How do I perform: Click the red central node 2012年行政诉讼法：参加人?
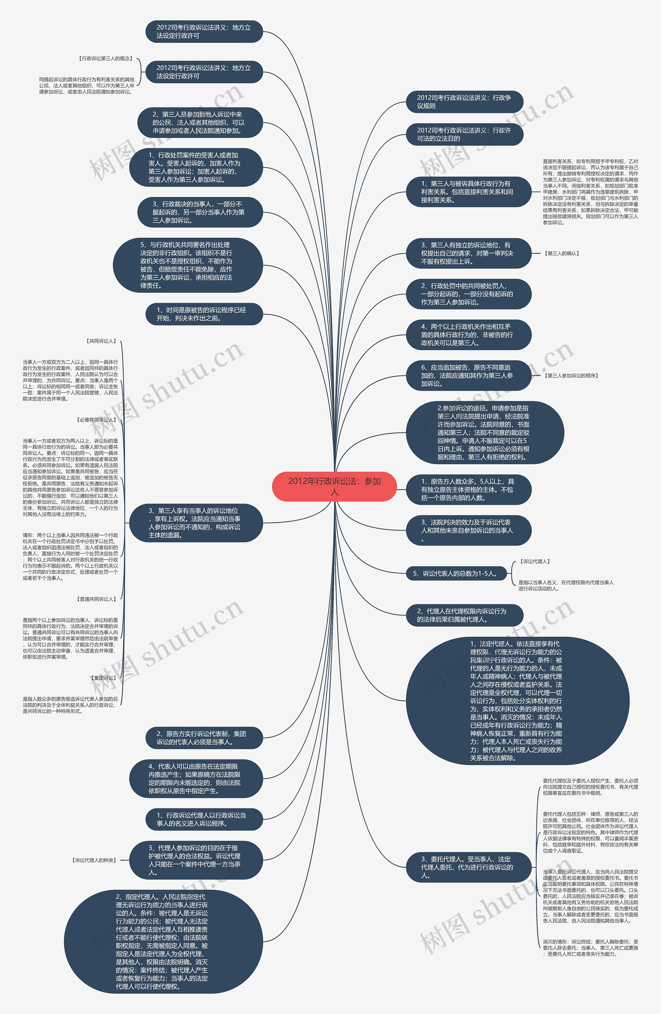[x=334, y=486]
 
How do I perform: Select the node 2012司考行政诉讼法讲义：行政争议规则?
[x=464, y=102]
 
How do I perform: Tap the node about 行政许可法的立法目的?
[x=464, y=134]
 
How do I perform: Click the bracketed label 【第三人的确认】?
[x=562, y=253]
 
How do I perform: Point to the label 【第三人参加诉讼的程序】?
[x=571, y=376]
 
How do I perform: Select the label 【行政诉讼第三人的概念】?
[x=105, y=58]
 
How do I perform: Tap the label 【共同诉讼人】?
[x=101, y=341]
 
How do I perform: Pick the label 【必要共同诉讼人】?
[x=96, y=420]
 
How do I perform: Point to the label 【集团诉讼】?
[x=103, y=678]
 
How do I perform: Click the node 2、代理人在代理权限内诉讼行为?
[x=464, y=615]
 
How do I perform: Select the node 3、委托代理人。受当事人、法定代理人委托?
[x=468, y=867]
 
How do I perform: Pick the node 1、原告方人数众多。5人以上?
[x=468, y=489]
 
